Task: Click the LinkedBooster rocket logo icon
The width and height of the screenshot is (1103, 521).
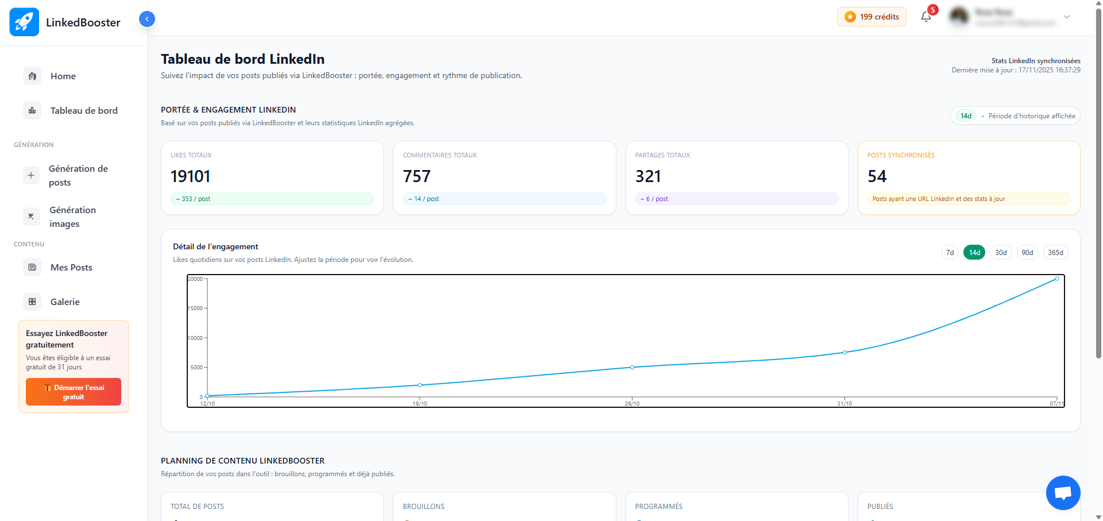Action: coord(24,22)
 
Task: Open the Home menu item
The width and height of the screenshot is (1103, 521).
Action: coord(63,76)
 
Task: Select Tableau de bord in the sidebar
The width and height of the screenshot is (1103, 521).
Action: coord(83,110)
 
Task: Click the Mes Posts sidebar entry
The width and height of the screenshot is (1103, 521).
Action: coord(71,267)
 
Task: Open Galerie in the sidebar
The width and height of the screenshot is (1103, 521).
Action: coord(65,302)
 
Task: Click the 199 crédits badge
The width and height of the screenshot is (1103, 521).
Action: coord(871,17)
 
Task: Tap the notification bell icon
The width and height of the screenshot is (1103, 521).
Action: coord(926,17)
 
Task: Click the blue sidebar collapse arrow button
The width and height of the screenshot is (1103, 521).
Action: coord(147,19)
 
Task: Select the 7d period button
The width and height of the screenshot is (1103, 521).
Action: coord(950,253)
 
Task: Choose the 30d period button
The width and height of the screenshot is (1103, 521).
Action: coord(1001,253)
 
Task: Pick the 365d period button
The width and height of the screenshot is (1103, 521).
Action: coord(1055,253)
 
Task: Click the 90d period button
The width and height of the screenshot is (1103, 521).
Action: coord(1027,253)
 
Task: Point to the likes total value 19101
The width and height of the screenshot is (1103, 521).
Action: coord(191,176)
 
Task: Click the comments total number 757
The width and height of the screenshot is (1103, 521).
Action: coord(416,176)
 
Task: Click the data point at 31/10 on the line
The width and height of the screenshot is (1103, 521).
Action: coord(844,352)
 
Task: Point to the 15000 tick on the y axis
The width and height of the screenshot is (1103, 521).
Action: coord(196,308)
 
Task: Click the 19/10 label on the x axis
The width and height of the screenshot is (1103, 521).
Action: coord(420,404)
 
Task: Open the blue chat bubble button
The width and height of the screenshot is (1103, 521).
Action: coord(1063,493)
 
